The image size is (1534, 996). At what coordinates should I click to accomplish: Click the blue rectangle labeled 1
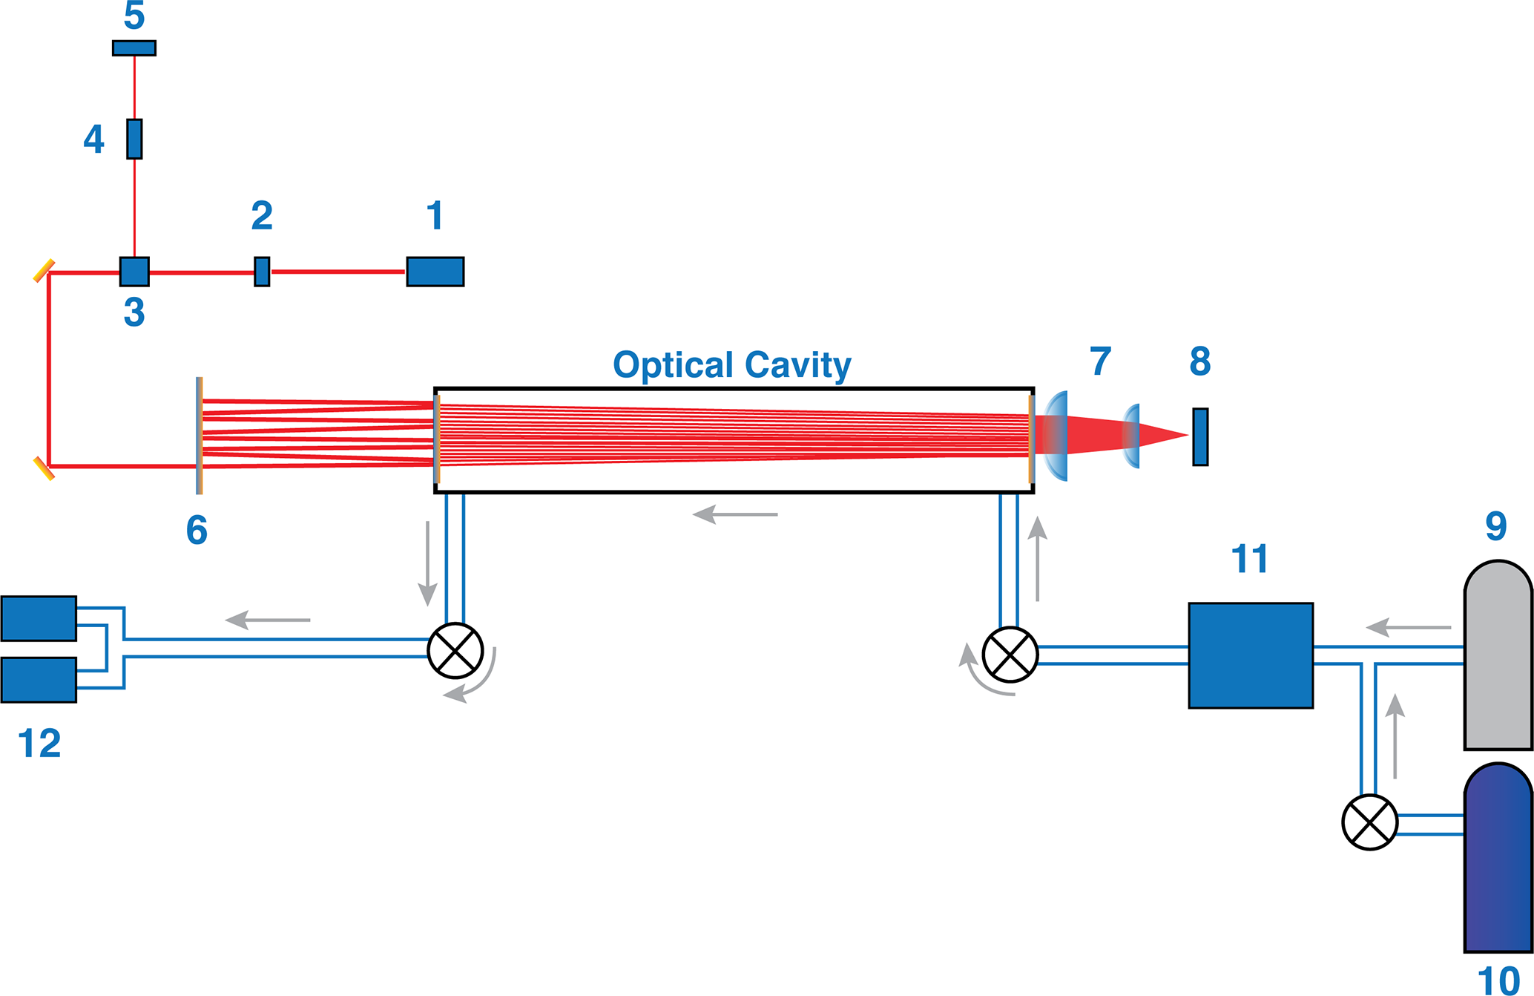435,272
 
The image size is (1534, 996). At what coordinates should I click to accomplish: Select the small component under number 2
262,272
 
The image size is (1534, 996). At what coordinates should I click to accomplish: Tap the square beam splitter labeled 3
134,272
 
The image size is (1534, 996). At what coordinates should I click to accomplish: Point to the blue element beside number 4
134,139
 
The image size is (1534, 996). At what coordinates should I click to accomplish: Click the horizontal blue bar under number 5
134,48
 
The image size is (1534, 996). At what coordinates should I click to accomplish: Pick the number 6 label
197,530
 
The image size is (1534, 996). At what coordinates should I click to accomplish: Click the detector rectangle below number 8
1200,437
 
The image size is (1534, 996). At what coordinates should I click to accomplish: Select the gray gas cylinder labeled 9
1498,657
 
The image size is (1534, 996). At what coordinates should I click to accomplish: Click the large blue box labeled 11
1251,655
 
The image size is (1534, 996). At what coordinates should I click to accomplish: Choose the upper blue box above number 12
39,618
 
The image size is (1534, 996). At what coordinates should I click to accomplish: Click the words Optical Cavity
731,365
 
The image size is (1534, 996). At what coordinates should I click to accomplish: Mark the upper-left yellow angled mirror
44,271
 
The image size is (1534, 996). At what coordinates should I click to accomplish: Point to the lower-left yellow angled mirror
44,469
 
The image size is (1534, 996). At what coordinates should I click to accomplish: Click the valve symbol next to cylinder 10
1369,822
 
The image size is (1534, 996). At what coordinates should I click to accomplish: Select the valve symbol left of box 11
1010,655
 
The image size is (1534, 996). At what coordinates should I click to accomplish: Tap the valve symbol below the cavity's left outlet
455,651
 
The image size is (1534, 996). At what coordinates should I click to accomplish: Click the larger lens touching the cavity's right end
1056,436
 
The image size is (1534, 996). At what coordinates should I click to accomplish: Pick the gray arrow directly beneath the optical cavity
734,514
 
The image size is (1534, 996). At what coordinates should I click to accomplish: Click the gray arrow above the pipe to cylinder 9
1408,627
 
